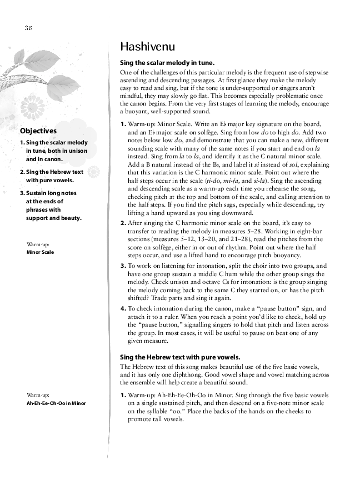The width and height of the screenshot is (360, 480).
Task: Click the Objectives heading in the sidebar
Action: point(38,132)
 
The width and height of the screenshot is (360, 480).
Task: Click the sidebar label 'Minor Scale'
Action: point(41,252)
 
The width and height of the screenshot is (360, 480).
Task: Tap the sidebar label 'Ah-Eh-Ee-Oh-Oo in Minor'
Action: point(56,403)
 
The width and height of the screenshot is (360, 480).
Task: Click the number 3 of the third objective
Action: point(22,193)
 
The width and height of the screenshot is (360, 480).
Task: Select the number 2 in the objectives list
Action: point(22,172)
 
